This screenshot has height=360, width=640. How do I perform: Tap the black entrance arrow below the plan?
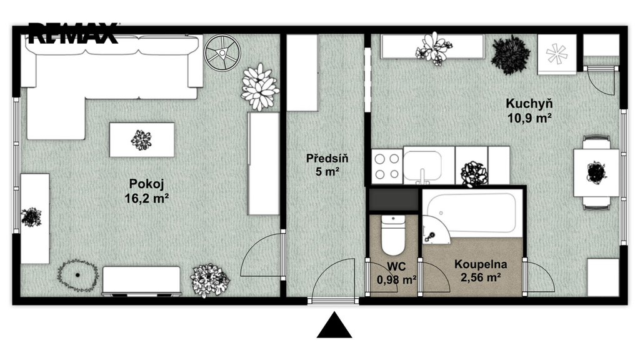(x=334, y=325)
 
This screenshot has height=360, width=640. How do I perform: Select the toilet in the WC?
(x=393, y=236)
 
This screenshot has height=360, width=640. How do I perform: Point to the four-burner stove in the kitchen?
(x=387, y=166)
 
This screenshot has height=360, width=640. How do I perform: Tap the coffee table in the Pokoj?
(x=142, y=139)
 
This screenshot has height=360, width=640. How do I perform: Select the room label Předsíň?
(x=327, y=158)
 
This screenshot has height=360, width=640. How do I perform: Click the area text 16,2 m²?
(x=147, y=198)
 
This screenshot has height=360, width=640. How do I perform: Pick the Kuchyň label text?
(x=529, y=104)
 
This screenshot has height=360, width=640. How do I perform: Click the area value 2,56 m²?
(x=481, y=277)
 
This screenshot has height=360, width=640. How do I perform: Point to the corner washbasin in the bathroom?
(x=435, y=231)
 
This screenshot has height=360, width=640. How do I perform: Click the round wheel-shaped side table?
(x=222, y=52)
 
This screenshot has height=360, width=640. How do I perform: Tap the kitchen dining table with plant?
(x=596, y=172)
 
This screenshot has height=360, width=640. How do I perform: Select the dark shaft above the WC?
(x=394, y=200)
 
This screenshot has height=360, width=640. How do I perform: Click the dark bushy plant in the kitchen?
(x=511, y=54)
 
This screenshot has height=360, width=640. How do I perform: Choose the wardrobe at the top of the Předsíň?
(x=302, y=72)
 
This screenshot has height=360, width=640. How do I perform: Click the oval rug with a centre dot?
(x=78, y=275)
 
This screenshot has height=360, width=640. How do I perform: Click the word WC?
(x=396, y=266)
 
